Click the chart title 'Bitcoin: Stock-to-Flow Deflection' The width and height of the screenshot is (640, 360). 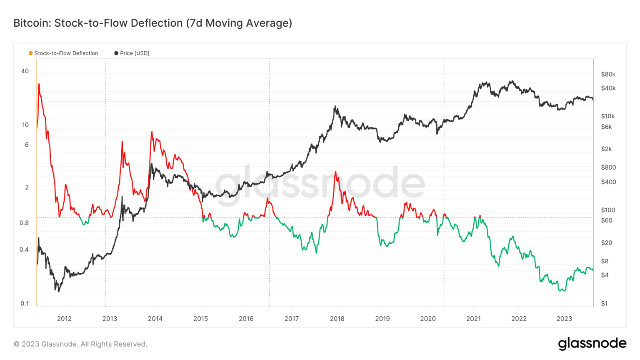pyautogui.click(x=152, y=23)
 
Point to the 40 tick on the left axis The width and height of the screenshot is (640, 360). pyautogui.click(x=25, y=71)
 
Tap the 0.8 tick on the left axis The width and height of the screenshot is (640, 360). pyautogui.click(x=24, y=223)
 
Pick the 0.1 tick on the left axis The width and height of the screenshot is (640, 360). pyautogui.click(x=25, y=303)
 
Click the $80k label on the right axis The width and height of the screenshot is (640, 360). pyautogui.click(x=608, y=74)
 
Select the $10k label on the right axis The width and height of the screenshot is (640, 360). pyautogui.click(x=607, y=116)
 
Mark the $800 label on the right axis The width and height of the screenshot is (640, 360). pyautogui.click(x=608, y=167)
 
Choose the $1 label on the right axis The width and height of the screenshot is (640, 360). pyautogui.click(x=604, y=303)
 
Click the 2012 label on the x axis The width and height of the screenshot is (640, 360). pyautogui.click(x=64, y=319)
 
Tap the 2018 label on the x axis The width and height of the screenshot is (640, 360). pyautogui.click(x=337, y=319)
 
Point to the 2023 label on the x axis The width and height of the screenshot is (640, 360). pyautogui.click(x=564, y=319)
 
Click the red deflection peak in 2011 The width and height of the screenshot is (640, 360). pyautogui.click(x=39, y=85)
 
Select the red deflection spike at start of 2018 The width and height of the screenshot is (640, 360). pyautogui.click(x=336, y=172)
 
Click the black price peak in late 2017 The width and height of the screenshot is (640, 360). pyautogui.click(x=335, y=107)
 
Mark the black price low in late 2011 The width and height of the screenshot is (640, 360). pyautogui.click(x=58, y=290)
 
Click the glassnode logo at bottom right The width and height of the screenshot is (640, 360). pyautogui.click(x=592, y=343)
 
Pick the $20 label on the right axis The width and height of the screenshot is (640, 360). pyautogui.click(x=606, y=242)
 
